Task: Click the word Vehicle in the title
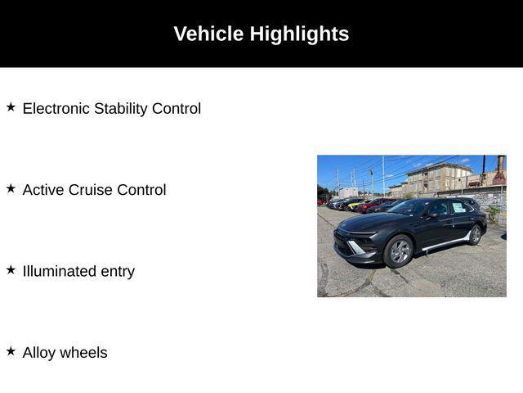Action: tap(208, 34)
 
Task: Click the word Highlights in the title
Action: tap(299, 34)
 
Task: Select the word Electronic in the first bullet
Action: tap(56, 109)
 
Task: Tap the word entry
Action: tap(118, 273)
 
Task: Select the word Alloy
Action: tap(39, 353)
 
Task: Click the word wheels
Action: tap(83, 353)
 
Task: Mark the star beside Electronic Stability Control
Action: tap(11, 107)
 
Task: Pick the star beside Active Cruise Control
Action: tap(11, 188)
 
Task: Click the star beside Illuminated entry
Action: tap(11, 269)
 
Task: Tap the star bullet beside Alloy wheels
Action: tap(11, 351)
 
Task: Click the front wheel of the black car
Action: tap(399, 251)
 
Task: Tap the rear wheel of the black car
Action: tap(475, 235)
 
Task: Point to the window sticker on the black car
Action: tap(458, 207)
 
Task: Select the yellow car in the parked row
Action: tap(355, 205)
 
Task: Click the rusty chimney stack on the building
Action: tap(499, 170)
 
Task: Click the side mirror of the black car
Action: tap(433, 215)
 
